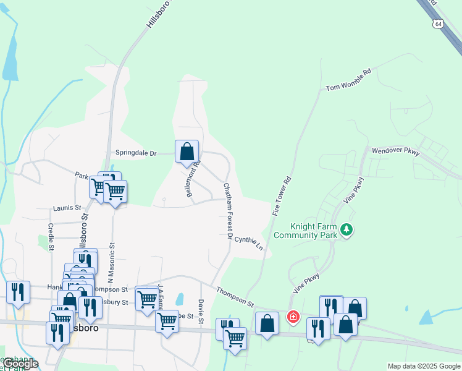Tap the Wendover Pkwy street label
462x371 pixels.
pos(395,151)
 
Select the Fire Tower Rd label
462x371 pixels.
pos(282,197)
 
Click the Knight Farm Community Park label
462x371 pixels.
pos(305,231)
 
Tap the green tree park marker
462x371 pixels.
pos(347,230)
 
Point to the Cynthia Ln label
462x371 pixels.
pos(249,242)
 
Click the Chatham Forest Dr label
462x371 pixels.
pos(228,211)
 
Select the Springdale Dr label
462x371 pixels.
pos(136,153)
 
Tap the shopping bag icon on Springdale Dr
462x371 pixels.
pos(187,151)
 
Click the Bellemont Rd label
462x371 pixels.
pos(192,179)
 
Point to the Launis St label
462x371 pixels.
pos(67,208)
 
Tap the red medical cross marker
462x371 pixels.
pos(293,317)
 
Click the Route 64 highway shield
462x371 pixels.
pos(438,23)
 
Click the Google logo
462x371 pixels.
pos(20,364)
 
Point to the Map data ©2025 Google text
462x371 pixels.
pos(424,366)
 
